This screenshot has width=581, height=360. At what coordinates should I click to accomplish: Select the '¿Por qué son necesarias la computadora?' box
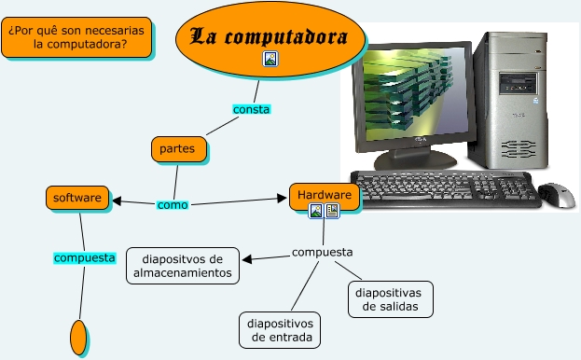click(x=79, y=37)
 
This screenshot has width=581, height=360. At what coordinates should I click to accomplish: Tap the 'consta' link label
click(x=251, y=109)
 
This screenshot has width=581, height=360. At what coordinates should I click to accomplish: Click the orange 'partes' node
click(x=177, y=148)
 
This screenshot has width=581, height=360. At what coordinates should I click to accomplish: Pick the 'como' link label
click(x=172, y=204)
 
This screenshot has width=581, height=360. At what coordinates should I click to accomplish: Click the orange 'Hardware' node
click(x=325, y=195)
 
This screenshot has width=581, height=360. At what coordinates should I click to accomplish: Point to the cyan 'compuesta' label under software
click(x=84, y=257)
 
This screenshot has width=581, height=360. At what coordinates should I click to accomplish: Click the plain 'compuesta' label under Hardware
click(x=322, y=252)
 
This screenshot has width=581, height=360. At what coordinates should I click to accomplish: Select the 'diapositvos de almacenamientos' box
click(x=183, y=266)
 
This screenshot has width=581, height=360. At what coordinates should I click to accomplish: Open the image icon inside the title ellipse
click(x=270, y=59)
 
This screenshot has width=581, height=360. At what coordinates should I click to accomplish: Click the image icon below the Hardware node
click(x=316, y=212)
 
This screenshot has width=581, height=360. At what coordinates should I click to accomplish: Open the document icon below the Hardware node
click(x=331, y=212)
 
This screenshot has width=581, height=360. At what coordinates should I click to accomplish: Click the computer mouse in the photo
click(x=557, y=194)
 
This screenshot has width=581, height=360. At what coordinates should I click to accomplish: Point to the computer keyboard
click(x=446, y=189)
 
